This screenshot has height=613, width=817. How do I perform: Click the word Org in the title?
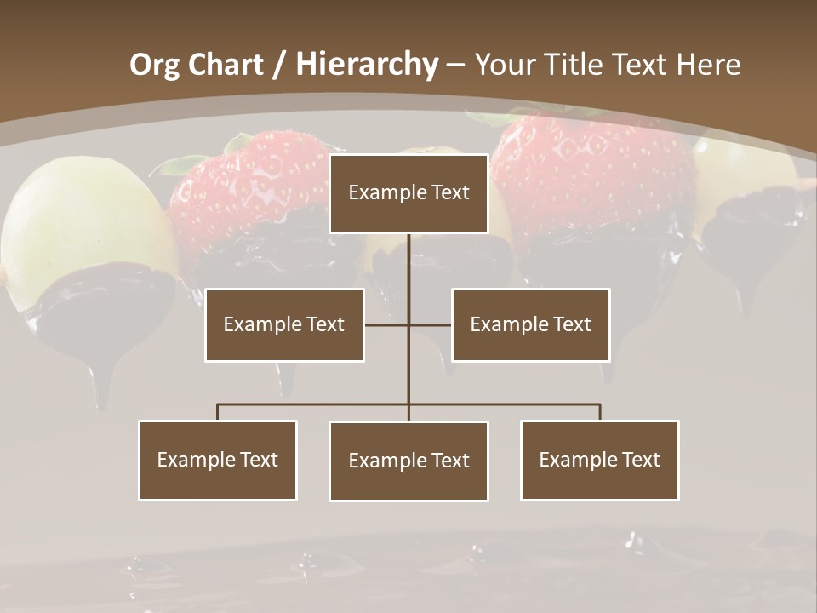(x=155, y=65)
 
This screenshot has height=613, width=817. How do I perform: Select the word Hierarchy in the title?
(x=367, y=65)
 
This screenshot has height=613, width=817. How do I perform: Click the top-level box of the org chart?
(x=408, y=193)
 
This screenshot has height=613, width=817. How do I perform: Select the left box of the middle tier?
(x=284, y=324)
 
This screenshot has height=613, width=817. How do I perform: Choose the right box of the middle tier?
(x=531, y=324)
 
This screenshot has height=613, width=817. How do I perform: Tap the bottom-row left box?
(x=218, y=460)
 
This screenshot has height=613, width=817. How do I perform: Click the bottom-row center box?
(x=408, y=461)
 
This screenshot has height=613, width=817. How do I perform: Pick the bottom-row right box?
(x=600, y=460)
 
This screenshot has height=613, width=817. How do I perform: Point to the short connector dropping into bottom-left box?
(x=218, y=412)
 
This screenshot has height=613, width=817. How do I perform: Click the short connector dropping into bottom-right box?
(x=600, y=412)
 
